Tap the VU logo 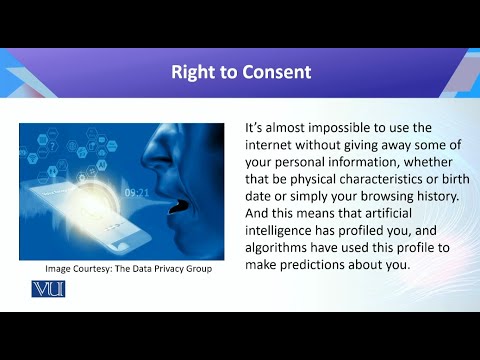click(x=48, y=289)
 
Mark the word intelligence click(x=285, y=237)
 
